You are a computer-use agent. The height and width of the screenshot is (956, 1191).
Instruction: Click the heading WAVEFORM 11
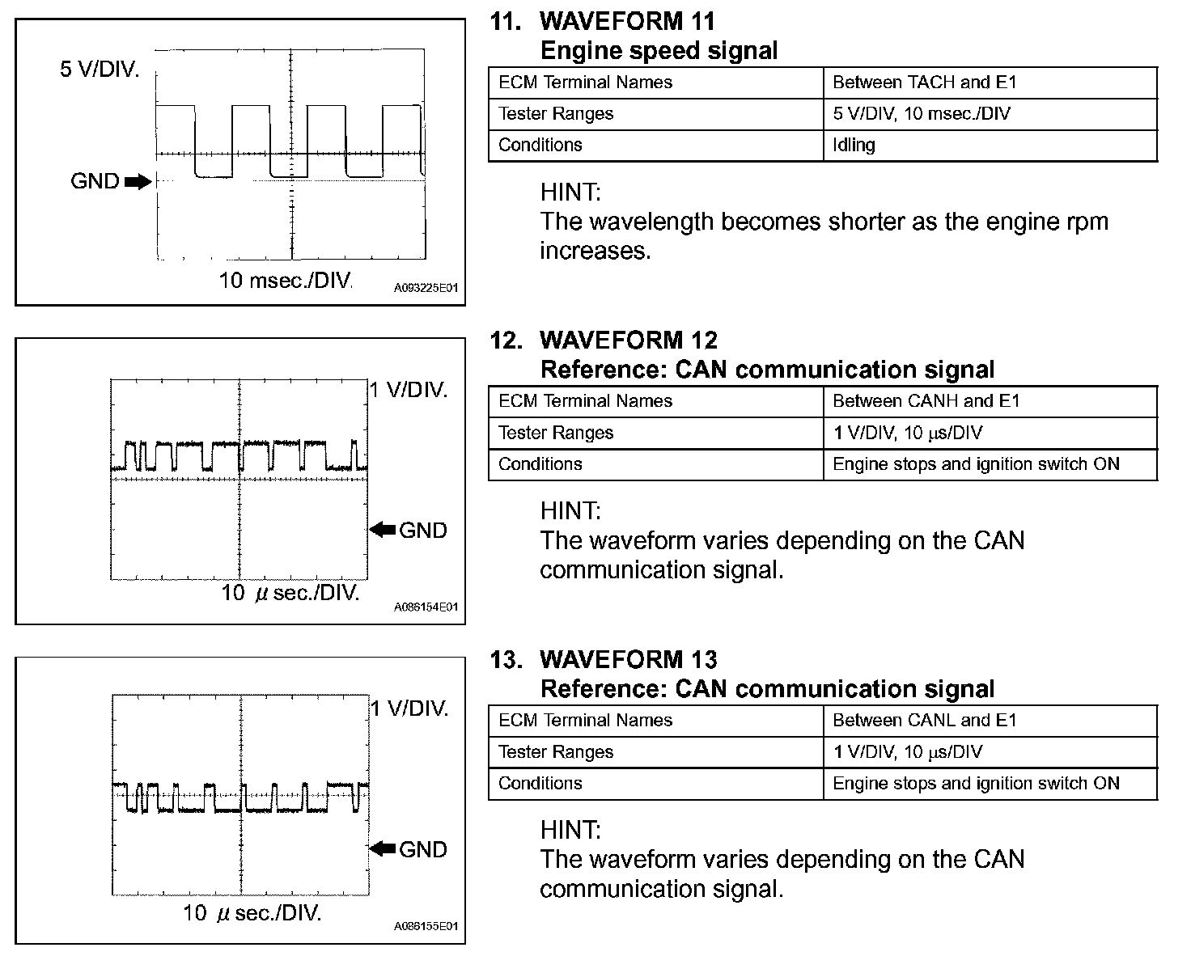627,21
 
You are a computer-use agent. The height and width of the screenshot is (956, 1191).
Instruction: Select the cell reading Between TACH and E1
924,82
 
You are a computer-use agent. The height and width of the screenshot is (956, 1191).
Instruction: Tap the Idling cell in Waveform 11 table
854,145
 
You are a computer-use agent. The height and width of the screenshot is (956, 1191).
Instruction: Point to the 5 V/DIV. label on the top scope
99,70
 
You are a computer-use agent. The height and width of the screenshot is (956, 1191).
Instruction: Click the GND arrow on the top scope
138,181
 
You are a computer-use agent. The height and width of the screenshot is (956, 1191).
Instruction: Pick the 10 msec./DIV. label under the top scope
286,281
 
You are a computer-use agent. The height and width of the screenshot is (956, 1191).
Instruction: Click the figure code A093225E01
426,288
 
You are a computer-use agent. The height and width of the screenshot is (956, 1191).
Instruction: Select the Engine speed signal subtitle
658,51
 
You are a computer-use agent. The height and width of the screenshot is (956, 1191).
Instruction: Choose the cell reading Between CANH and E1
926,401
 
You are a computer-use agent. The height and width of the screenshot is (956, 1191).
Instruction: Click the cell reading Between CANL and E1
924,721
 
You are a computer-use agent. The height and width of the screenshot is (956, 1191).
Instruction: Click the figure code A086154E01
426,607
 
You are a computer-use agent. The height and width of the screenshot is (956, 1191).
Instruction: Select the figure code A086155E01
426,926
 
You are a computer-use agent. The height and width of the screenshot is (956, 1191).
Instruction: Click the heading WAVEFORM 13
628,660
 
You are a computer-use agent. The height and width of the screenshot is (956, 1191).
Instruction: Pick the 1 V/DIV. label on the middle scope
409,390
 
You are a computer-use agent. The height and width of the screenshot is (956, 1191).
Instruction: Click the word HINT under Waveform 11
570,192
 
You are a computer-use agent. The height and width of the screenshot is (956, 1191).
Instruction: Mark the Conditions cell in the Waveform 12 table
540,464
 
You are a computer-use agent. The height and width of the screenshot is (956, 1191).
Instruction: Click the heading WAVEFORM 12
628,341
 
